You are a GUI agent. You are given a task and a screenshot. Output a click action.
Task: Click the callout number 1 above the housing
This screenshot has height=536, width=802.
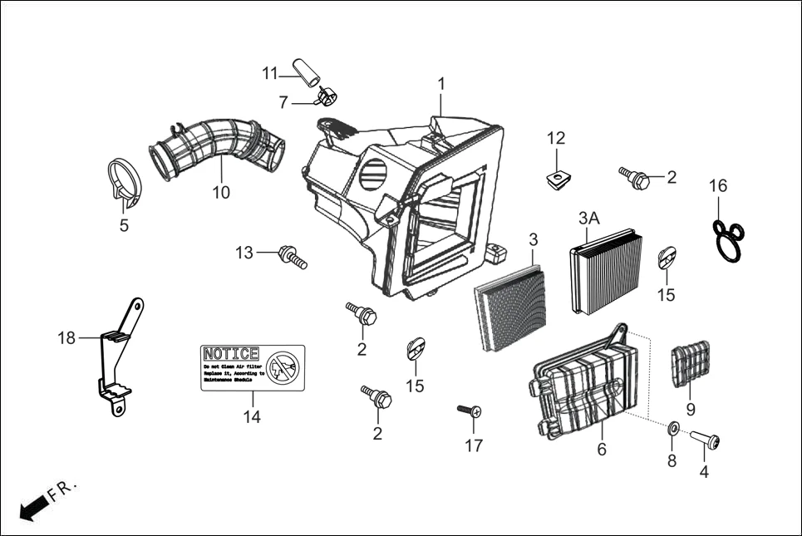tap(441, 84)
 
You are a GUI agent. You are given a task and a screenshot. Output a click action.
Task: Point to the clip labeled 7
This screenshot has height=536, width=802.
tap(326, 99)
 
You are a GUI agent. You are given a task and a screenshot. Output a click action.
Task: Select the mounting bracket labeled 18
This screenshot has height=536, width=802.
tap(117, 357)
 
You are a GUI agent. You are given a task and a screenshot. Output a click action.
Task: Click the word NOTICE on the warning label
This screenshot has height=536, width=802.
tap(231, 354)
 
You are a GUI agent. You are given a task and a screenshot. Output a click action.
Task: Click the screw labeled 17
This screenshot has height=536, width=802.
tap(470, 411)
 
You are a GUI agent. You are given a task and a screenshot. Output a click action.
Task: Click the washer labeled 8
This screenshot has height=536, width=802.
tap(673, 429)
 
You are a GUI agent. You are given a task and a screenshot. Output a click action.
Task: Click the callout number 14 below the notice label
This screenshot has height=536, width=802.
tap(252, 417)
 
